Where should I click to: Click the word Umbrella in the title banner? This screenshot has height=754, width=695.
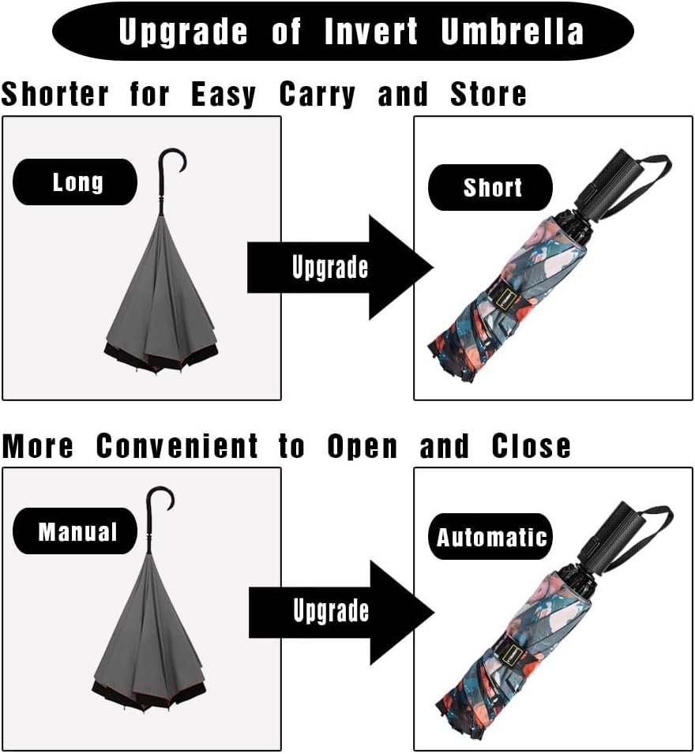(513, 32)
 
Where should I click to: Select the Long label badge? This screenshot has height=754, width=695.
(77, 182)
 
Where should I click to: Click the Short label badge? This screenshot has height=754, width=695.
(491, 188)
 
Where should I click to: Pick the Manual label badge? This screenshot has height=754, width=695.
(77, 531)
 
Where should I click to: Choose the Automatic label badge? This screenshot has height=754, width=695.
(491, 538)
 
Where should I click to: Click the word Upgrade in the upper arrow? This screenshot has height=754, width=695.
(329, 268)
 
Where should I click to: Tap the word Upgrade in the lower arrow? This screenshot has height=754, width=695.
(330, 610)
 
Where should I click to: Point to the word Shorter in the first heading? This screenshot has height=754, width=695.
(54, 95)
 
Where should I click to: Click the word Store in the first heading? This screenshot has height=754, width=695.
(488, 95)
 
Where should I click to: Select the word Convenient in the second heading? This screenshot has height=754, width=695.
(177, 447)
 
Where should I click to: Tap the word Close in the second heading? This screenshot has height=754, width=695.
(531, 447)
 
